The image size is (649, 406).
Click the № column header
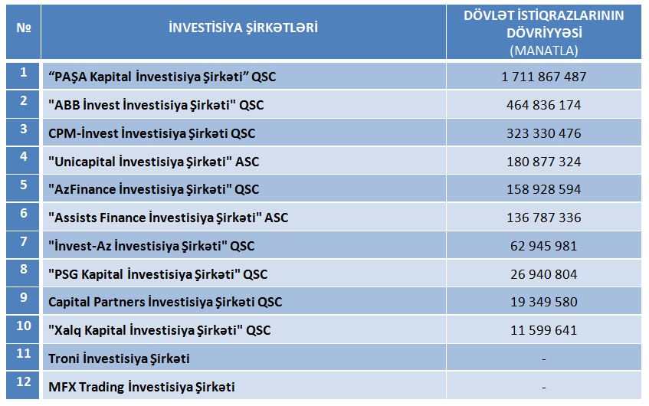(24, 28)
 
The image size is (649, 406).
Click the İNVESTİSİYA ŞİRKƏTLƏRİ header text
(244, 28)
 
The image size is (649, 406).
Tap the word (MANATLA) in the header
(544, 51)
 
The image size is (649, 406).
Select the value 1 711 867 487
(544, 77)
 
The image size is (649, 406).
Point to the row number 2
(24, 100)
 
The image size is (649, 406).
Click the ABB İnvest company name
(156, 105)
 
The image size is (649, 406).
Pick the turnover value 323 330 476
(544, 133)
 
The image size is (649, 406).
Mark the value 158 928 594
(544, 189)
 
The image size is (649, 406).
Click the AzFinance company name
(153, 189)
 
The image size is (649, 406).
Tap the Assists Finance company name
(168, 218)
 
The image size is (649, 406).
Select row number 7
(24, 241)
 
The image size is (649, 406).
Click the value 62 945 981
(544, 246)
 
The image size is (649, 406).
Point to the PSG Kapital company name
(158, 274)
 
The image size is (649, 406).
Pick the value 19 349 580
(544, 302)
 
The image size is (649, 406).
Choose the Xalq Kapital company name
(159, 330)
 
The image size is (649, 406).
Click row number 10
(24, 326)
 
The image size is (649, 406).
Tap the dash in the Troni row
(544, 359)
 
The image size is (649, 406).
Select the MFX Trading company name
(142, 387)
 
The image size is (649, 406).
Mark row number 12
(24, 381)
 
